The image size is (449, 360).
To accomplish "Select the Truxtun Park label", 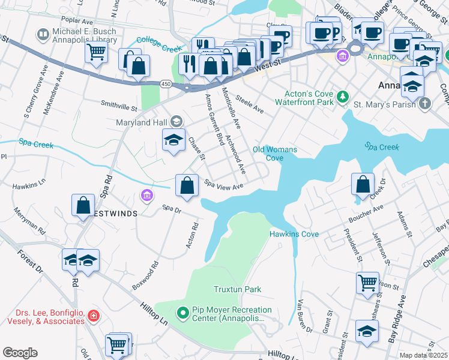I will click(x=237, y=289).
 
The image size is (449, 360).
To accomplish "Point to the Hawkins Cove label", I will click(x=294, y=234).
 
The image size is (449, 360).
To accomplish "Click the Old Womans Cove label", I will click(x=268, y=154).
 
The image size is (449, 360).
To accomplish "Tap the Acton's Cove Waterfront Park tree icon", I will click(x=342, y=97).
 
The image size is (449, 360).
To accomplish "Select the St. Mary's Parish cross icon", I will click(x=425, y=103).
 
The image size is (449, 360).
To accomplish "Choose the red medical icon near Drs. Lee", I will click(x=93, y=315).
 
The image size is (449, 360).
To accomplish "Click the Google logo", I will click(x=20, y=353).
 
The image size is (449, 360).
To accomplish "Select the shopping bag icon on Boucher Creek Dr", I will click(x=363, y=185).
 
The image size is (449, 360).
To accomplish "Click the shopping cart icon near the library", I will click(x=96, y=53).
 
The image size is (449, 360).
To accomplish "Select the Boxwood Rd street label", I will click(x=146, y=275).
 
